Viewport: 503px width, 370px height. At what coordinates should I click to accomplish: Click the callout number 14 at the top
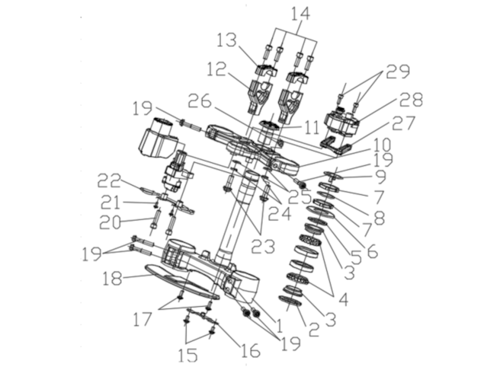point(301,14)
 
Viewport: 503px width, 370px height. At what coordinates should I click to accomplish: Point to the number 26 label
point(199,101)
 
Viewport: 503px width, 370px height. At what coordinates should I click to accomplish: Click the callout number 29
point(398,71)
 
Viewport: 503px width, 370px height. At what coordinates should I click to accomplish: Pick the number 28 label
point(411,99)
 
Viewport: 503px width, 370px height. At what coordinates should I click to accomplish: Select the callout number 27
point(403,123)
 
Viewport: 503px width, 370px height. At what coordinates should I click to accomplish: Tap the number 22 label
point(110,181)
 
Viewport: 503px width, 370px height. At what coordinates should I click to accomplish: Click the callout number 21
point(110,203)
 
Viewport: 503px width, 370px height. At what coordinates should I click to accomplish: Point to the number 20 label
point(110,222)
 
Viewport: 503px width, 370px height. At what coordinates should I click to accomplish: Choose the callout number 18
point(113,278)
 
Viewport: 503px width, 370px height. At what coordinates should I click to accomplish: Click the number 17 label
point(143,319)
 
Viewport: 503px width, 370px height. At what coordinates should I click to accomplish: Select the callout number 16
point(249,351)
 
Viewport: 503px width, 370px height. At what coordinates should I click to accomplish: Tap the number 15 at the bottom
point(188,355)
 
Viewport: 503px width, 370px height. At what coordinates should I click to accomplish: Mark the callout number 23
point(263,247)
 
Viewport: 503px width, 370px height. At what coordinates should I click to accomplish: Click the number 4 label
point(342,300)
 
